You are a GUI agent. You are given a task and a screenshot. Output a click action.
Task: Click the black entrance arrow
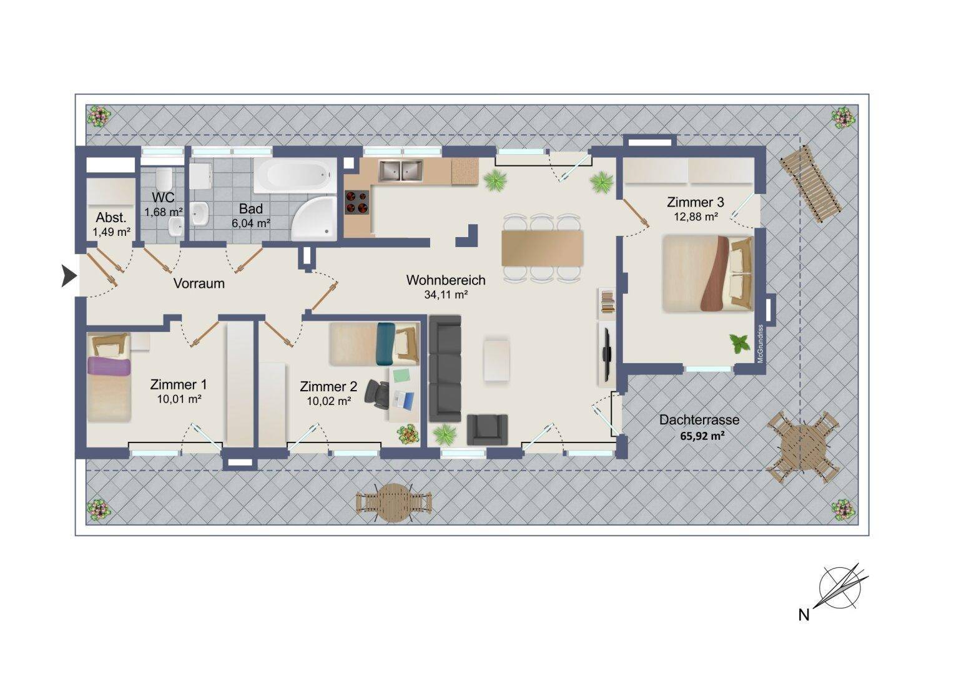click(x=69, y=276)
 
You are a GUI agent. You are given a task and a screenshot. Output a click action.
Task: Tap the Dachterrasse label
click(x=699, y=420)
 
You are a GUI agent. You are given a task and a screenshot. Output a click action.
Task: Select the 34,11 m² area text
click(x=446, y=294)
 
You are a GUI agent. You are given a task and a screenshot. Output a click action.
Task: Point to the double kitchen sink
click(x=401, y=171)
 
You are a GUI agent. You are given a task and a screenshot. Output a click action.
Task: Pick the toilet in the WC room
click(x=164, y=179)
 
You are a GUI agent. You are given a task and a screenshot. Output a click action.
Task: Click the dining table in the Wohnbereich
click(x=543, y=248)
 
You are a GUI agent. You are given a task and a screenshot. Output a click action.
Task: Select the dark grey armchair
click(x=487, y=429)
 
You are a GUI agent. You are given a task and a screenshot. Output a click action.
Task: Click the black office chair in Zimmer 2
click(x=377, y=392)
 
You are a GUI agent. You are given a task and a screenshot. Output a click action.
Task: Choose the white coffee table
click(x=496, y=360)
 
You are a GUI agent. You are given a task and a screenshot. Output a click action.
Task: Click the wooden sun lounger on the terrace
click(x=810, y=183)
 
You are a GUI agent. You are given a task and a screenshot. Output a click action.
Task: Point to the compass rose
click(x=840, y=589)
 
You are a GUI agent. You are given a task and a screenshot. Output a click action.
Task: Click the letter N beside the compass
click(x=804, y=615)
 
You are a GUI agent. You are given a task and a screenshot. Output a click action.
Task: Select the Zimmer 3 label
click(x=695, y=202)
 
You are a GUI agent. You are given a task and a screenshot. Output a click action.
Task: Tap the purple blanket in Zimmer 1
click(x=109, y=366)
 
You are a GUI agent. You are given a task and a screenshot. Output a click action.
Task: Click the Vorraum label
click(x=199, y=283)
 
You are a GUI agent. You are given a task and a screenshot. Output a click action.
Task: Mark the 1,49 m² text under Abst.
click(x=112, y=232)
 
